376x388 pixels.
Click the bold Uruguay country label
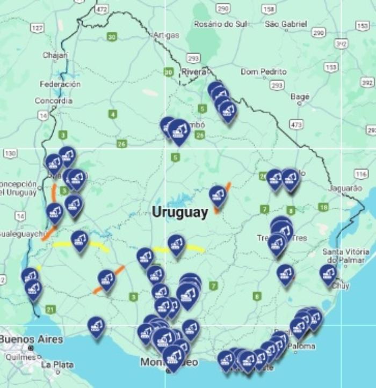pyautogui.click(x=180, y=212)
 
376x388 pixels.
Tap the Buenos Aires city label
pyautogui.click(x=31, y=339)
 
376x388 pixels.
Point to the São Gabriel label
pyautogui.click(x=286, y=24)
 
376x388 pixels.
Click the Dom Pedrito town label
pyautogui.click(x=263, y=71)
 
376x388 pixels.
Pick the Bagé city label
pyautogui.click(x=300, y=97)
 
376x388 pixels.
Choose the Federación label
pyautogui.click(x=60, y=84)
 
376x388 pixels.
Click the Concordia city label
pyautogui.click(x=54, y=100)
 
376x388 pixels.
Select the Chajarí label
pyautogui.click(x=56, y=55)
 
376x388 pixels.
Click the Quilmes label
pyautogui.click(x=18, y=355)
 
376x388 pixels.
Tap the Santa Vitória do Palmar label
pyautogui.click(x=345, y=256)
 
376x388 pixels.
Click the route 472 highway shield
pyautogui.click(x=102, y=9)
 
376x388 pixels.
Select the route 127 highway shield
pyautogui.click(x=37, y=27)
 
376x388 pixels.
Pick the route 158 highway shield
pyautogui.click(x=269, y=9)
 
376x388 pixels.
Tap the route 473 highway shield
pyautogui.click(x=297, y=125)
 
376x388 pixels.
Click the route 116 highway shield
pyautogui.click(x=360, y=173)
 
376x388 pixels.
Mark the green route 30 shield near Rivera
pyautogui.click(x=169, y=72)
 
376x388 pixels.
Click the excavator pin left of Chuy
pyautogui.click(x=328, y=274)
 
